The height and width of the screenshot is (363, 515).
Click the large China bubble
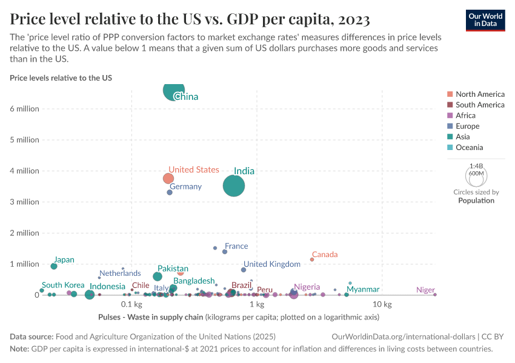[174, 91]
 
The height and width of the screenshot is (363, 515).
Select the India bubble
[234, 186]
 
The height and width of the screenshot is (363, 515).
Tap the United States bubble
[168, 178]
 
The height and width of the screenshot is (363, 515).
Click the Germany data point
[170, 192]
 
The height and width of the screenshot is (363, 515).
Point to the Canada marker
[312, 260]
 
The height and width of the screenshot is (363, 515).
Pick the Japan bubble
[54, 266]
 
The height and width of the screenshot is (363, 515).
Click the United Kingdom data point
[244, 270]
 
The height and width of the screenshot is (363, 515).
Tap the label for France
[236, 246]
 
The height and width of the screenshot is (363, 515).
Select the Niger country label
[425, 290]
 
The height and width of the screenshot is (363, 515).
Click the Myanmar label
[363, 290]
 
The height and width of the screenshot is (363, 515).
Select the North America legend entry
[479, 94]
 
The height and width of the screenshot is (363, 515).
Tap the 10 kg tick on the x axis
[382, 304]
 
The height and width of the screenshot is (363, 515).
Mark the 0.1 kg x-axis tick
[131, 304]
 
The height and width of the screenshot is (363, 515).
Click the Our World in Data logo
[485, 20]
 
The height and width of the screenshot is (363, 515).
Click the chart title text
[190, 19]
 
